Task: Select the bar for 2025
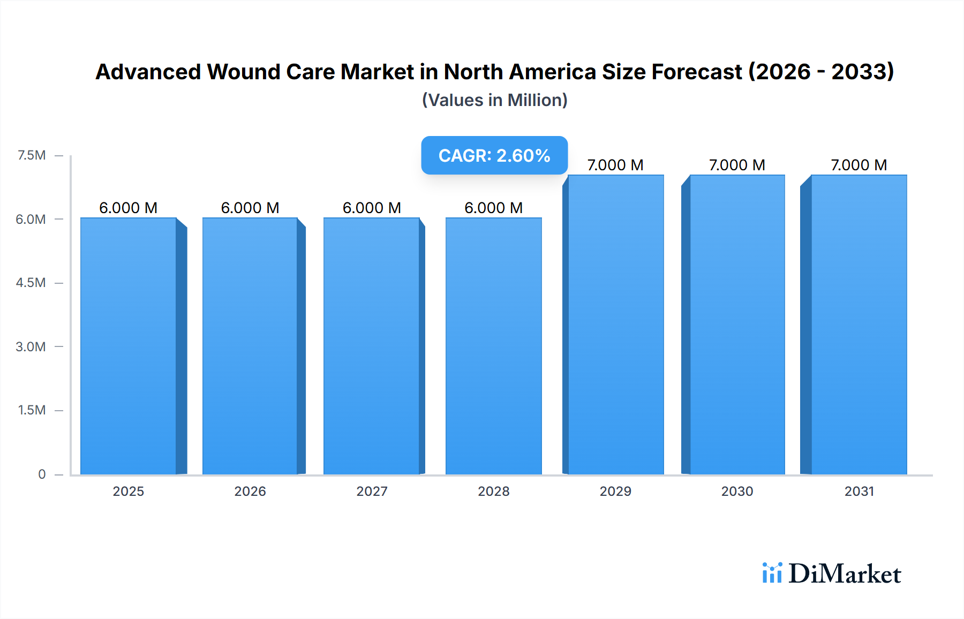pyautogui.click(x=129, y=346)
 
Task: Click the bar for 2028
pyautogui.click(x=493, y=346)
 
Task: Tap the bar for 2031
pyautogui.click(x=859, y=324)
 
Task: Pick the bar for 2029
pyautogui.click(x=615, y=324)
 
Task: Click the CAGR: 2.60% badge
pyautogui.click(x=494, y=155)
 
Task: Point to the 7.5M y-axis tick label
pyautogui.click(x=32, y=155)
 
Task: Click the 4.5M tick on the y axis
pyautogui.click(x=31, y=283)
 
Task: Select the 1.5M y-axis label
pyautogui.click(x=32, y=410)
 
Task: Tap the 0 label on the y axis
pyautogui.click(x=42, y=474)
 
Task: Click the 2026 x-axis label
pyautogui.click(x=250, y=491)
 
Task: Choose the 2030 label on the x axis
pyautogui.click(x=737, y=491)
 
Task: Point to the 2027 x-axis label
pyautogui.click(x=372, y=491)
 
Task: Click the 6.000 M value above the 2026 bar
pyautogui.click(x=250, y=208)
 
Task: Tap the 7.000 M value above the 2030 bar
pyautogui.click(x=737, y=165)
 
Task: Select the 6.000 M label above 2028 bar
pyautogui.click(x=493, y=208)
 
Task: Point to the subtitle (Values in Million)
pyautogui.click(x=494, y=100)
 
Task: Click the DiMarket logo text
pyautogui.click(x=845, y=574)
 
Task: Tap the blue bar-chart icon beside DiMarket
pyautogui.click(x=772, y=573)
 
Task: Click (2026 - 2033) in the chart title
pyautogui.click(x=820, y=72)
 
